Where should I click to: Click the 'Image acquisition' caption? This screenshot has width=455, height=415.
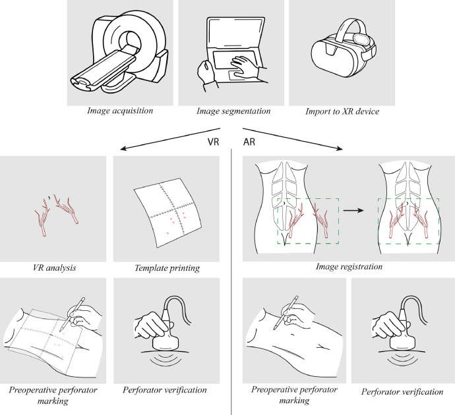point(120,111)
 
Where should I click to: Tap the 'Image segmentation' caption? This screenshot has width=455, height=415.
point(233,111)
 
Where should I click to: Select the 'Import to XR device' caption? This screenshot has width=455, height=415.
point(342,111)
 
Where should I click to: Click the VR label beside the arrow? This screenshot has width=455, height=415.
point(213,142)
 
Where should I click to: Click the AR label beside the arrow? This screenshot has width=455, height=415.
point(249,142)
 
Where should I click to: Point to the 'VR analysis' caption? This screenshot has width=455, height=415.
point(54,267)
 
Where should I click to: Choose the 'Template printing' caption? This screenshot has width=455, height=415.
point(167,268)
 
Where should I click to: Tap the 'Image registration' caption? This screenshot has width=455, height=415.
point(349,267)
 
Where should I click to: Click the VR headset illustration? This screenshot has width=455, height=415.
point(344,48)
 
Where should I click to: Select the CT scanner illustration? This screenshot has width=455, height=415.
point(119,51)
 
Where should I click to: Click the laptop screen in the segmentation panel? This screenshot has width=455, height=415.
point(235,32)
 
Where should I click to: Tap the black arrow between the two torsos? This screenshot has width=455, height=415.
point(353,210)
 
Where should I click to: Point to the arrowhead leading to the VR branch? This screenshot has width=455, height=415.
point(123,149)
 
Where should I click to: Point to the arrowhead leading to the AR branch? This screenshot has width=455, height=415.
point(340,149)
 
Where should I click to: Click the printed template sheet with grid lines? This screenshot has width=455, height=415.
point(167,212)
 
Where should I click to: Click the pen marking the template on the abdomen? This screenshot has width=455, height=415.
point(73,314)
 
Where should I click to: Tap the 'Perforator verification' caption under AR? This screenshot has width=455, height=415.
point(402,392)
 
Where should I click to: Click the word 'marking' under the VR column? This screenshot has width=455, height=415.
point(53,401)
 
